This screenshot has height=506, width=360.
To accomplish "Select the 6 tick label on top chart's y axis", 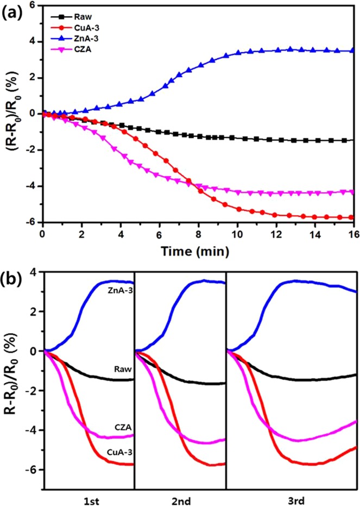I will pyautogui.click(x=34, y=5).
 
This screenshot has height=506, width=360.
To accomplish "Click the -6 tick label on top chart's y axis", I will pyautogui.click(x=31, y=222).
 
